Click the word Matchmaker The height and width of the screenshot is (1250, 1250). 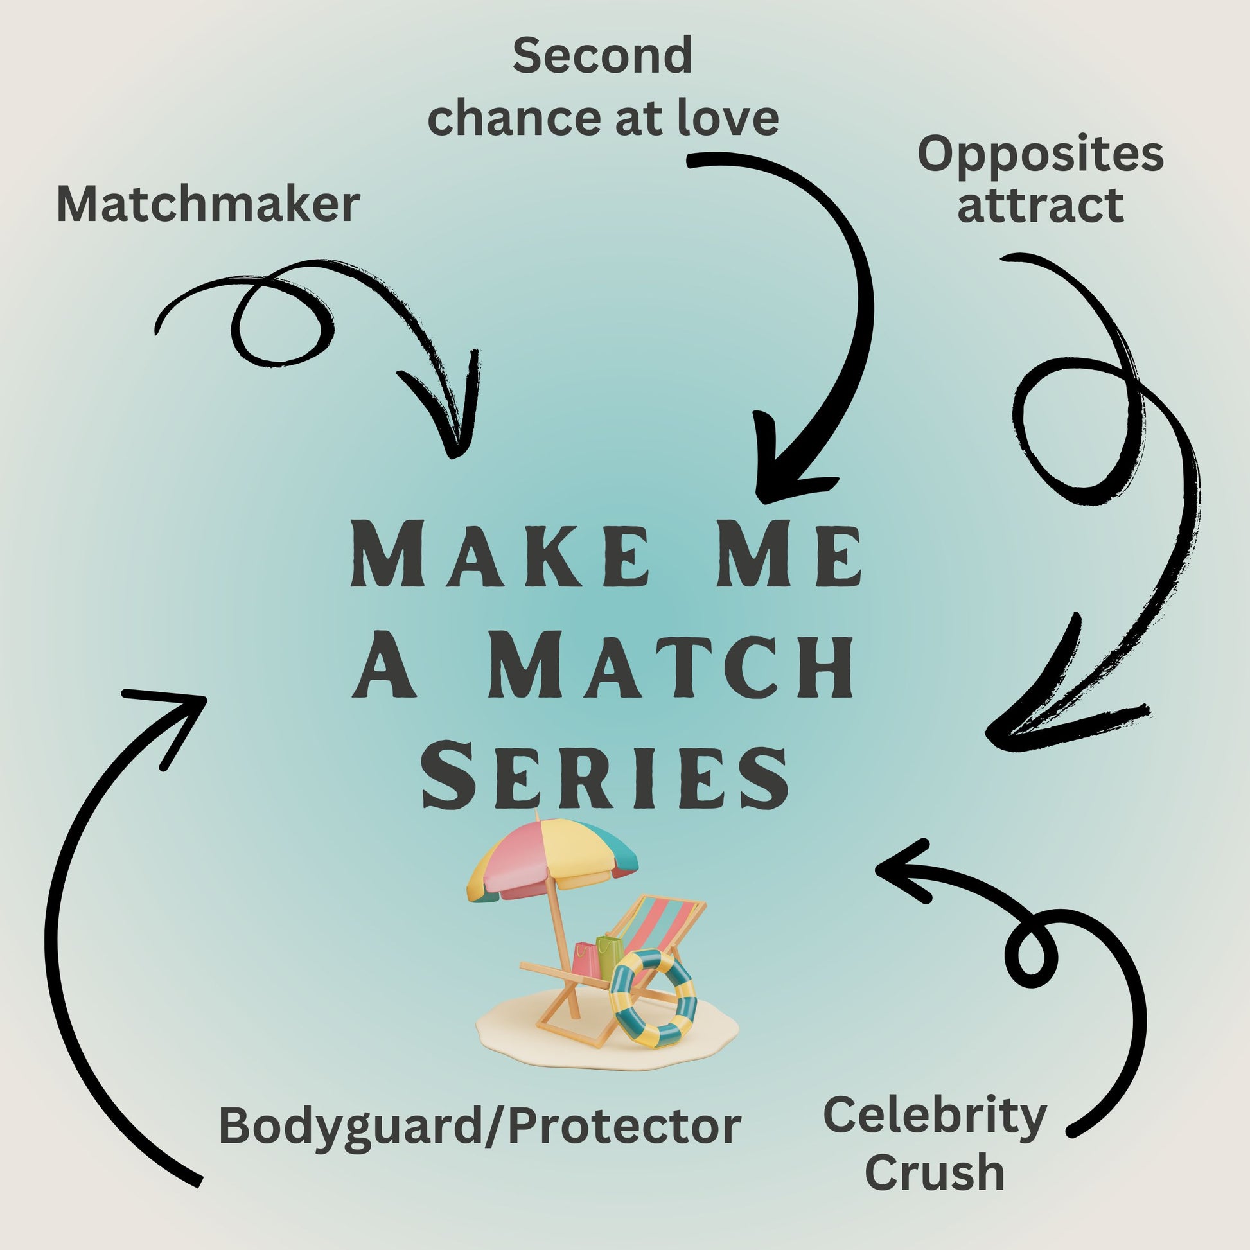click(208, 205)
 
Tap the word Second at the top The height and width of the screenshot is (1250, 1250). click(602, 56)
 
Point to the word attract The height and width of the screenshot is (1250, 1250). click(1041, 205)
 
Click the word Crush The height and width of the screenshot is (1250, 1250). click(935, 1172)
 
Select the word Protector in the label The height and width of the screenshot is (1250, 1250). click(624, 1126)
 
